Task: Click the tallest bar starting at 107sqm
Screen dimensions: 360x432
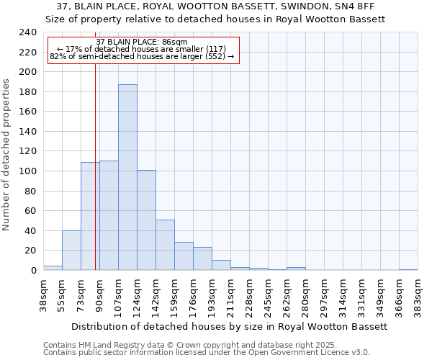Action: coord(127,177)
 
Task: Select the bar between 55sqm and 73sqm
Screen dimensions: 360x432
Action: coord(71,250)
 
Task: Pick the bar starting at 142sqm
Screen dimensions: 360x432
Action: coord(165,245)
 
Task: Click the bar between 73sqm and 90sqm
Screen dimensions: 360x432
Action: coord(90,216)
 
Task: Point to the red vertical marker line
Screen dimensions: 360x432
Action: coord(95,180)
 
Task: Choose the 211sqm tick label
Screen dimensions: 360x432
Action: coord(230,294)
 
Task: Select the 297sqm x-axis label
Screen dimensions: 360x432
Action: coord(324,294)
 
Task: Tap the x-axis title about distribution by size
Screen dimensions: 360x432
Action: coord(230,326)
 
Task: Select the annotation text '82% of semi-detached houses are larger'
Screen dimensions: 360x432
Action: coord(141,56)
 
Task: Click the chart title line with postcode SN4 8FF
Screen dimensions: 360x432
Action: coord(215,6)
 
